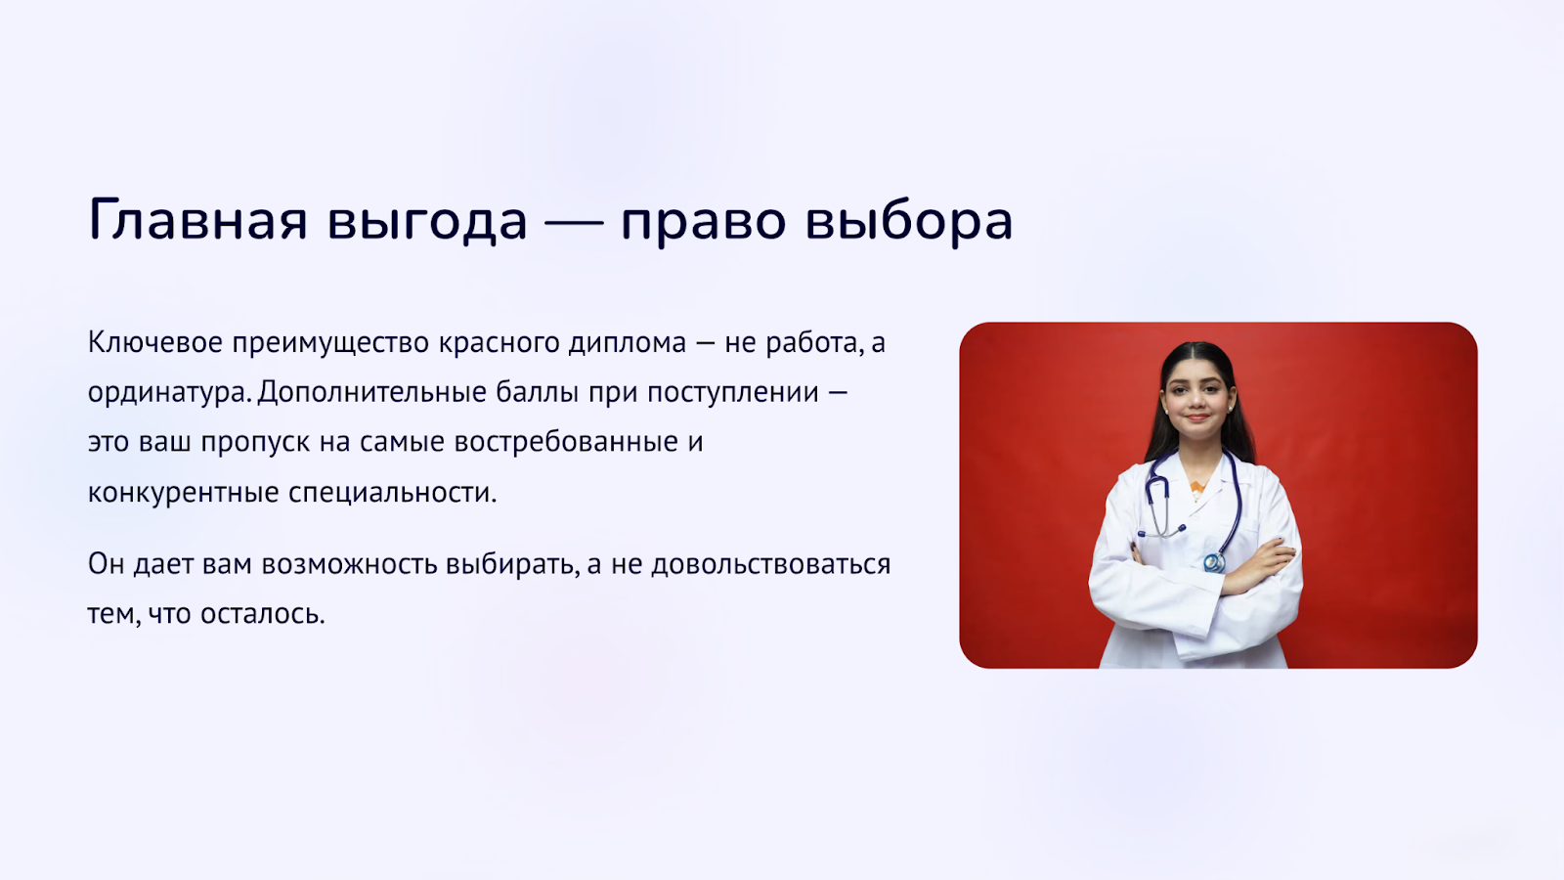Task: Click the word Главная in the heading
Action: (x=198, y=220)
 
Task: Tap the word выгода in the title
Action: (x=427, y=222)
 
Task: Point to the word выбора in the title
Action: (x=909, y=219)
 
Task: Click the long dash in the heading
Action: (x=574, y=223)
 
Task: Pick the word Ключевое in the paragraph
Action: (x=155, y=342)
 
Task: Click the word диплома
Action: (x=627, y=343)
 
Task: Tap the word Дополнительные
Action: (x=371, y=392)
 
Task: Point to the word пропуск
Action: (x=255, y=443)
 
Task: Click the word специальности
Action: (x=392, y=493)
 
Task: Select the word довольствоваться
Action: (x=771, y=564)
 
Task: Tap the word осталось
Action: (x=263, y=615)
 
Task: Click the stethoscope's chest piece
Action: (x=1214, y=561)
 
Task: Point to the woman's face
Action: (x=1196, y=400)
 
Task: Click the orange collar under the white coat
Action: (x=1196, y=488)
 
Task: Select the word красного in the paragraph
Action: (x=499, y=343)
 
